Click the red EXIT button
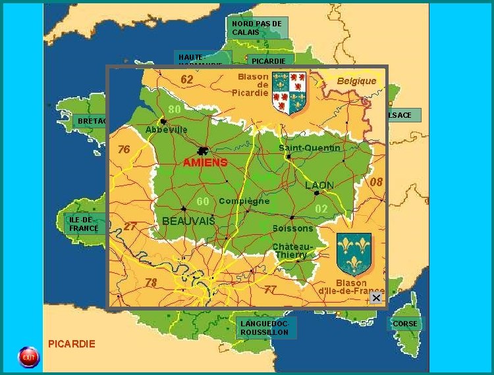pos(28,357)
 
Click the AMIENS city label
pos(205,162)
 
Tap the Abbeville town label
pos(166,130)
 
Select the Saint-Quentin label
pos(310,148)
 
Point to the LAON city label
pos(319,186)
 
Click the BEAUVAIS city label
pos(188,221)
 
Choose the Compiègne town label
pos(244,201)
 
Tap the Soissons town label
pos(292,228)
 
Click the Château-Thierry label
pos(290,251)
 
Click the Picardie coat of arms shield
pos(288,93)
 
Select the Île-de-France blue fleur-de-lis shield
pos(354,253)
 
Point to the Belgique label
pos(356,81)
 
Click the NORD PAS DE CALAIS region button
pos(258,28)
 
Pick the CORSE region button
pos(404,324)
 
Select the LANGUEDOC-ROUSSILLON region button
pos(264,328)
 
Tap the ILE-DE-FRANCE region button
pos(84,224)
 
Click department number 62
pos(187,80)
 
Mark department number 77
pos(270,289)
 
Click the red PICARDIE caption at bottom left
pos(72,343)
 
